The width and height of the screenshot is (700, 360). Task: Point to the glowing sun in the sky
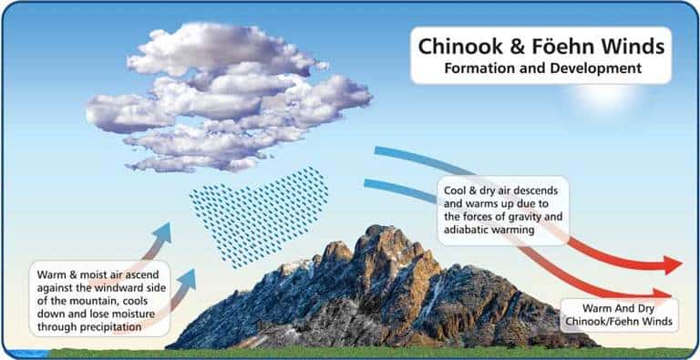point(606,96)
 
